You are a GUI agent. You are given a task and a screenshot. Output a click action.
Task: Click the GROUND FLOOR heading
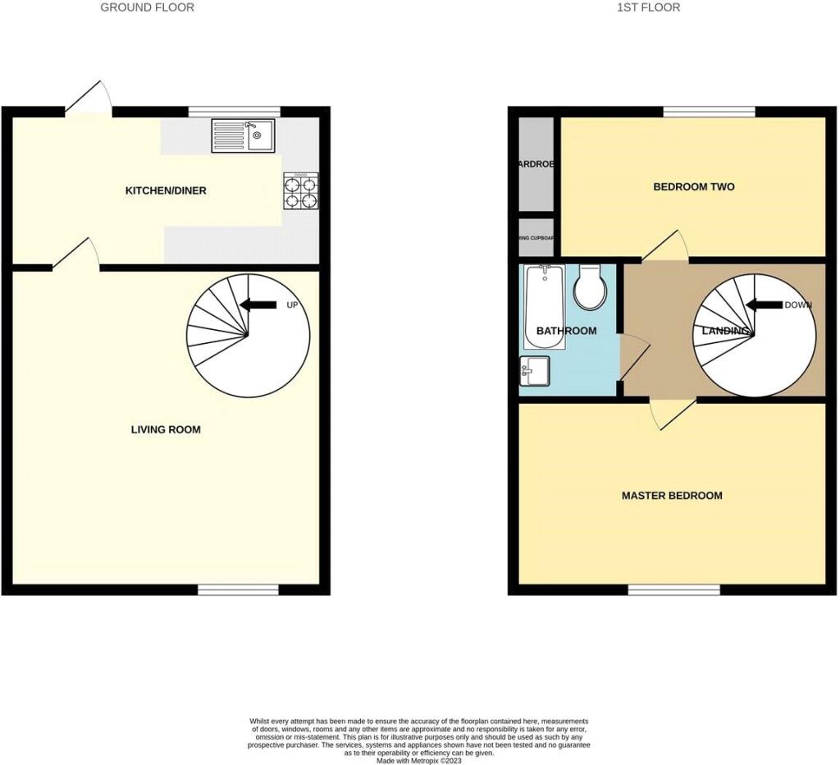(x=148, y=7)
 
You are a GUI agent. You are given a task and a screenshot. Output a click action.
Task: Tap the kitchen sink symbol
(x=244, y=135)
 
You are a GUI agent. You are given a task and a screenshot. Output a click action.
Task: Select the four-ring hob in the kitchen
(x=301, y=190)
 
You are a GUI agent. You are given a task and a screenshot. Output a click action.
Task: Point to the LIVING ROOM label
(x=166, y=429)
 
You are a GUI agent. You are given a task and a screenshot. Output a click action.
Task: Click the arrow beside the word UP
(x=258, y=305)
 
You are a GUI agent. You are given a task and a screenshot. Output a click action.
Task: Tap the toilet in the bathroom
(x=590, y=287)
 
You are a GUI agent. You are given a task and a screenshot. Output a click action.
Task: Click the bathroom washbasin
(x=535, y=371)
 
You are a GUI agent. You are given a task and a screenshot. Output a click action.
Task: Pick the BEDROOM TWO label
(x=693, y=187)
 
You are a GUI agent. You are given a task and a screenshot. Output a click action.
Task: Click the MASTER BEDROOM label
(x=672, y=496)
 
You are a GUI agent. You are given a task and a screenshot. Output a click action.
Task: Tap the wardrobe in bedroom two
(x=536, y=163)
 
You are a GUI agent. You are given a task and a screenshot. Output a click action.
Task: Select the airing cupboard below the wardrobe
(x=536, y=238)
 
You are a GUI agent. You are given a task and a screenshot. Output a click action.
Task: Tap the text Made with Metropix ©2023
(x=419, y=760)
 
